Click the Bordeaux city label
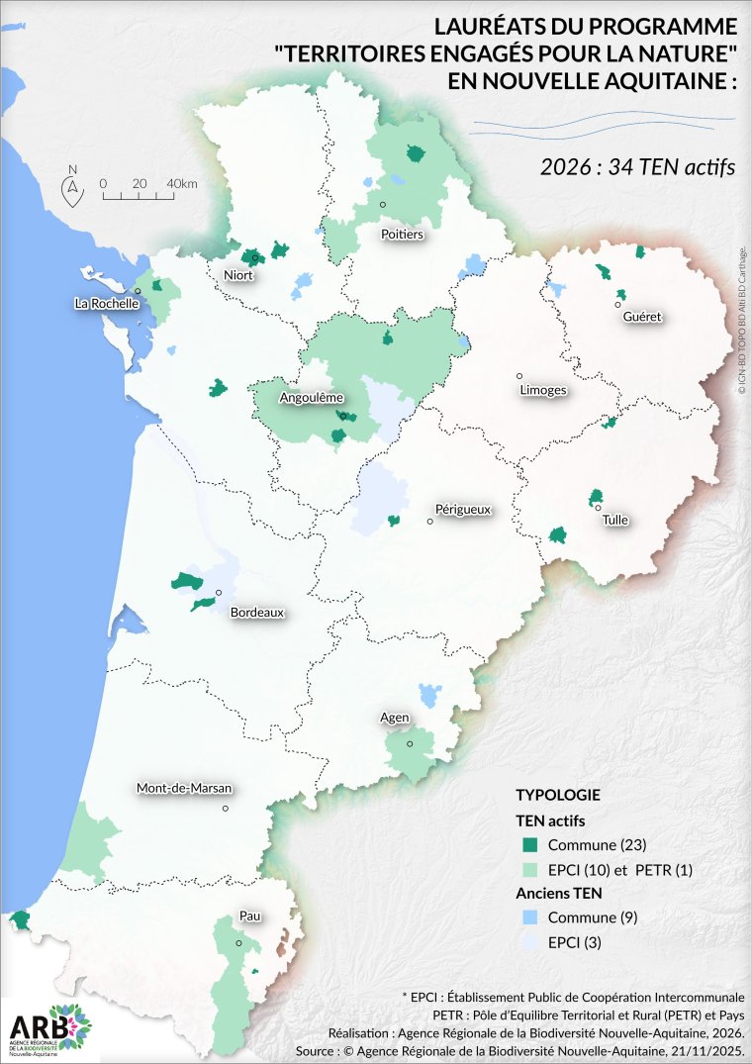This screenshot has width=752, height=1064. point(256,613)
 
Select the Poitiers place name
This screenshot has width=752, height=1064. point(402,235)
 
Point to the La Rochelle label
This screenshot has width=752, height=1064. point(106,304)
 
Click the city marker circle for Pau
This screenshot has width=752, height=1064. point(238,942)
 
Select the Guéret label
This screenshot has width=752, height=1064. point(642,317)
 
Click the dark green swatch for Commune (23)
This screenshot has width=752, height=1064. point(530,844)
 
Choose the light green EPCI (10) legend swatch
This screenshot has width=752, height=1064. point(530,869)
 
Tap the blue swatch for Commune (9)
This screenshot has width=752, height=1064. point(530,918)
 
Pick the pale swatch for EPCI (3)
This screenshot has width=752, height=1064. point(530,942)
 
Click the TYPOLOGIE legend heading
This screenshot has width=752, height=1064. point(557,795)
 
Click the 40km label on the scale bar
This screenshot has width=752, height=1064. point(182,184)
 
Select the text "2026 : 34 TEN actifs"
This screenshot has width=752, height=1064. point(637,166)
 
